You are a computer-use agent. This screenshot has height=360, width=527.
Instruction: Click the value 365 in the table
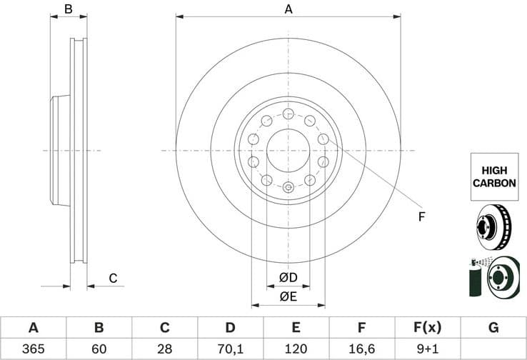[33, 349]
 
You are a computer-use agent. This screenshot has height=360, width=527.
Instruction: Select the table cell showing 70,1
[230, 349]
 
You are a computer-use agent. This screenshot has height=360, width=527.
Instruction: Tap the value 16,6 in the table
[362, 349]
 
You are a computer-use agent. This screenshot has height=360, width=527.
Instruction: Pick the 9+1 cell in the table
[428, 349]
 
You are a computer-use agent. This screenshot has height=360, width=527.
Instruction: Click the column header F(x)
[428, 328]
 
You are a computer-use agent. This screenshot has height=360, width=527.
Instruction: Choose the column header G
[493, 328]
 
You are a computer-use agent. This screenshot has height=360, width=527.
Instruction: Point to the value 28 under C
[164, 349]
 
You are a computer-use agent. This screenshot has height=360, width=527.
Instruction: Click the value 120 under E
[296, 349]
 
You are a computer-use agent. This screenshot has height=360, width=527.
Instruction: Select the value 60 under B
[99, 349]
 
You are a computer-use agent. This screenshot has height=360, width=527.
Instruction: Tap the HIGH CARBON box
[493, 176]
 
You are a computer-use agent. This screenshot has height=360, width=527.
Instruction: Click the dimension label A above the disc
[288, 9]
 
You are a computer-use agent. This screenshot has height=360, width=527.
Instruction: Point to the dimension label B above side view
[69, 9]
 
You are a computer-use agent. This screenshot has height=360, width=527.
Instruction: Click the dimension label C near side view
[112, 279]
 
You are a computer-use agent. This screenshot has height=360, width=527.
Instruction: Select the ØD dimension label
[288, 277]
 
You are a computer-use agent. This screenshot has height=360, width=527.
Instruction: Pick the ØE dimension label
[288, 296]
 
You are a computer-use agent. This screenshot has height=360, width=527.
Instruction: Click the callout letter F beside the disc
[421, 216]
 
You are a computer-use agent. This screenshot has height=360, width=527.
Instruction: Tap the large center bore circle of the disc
[288, 150]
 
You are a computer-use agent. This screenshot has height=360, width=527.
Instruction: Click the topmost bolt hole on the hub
[288, 114]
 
